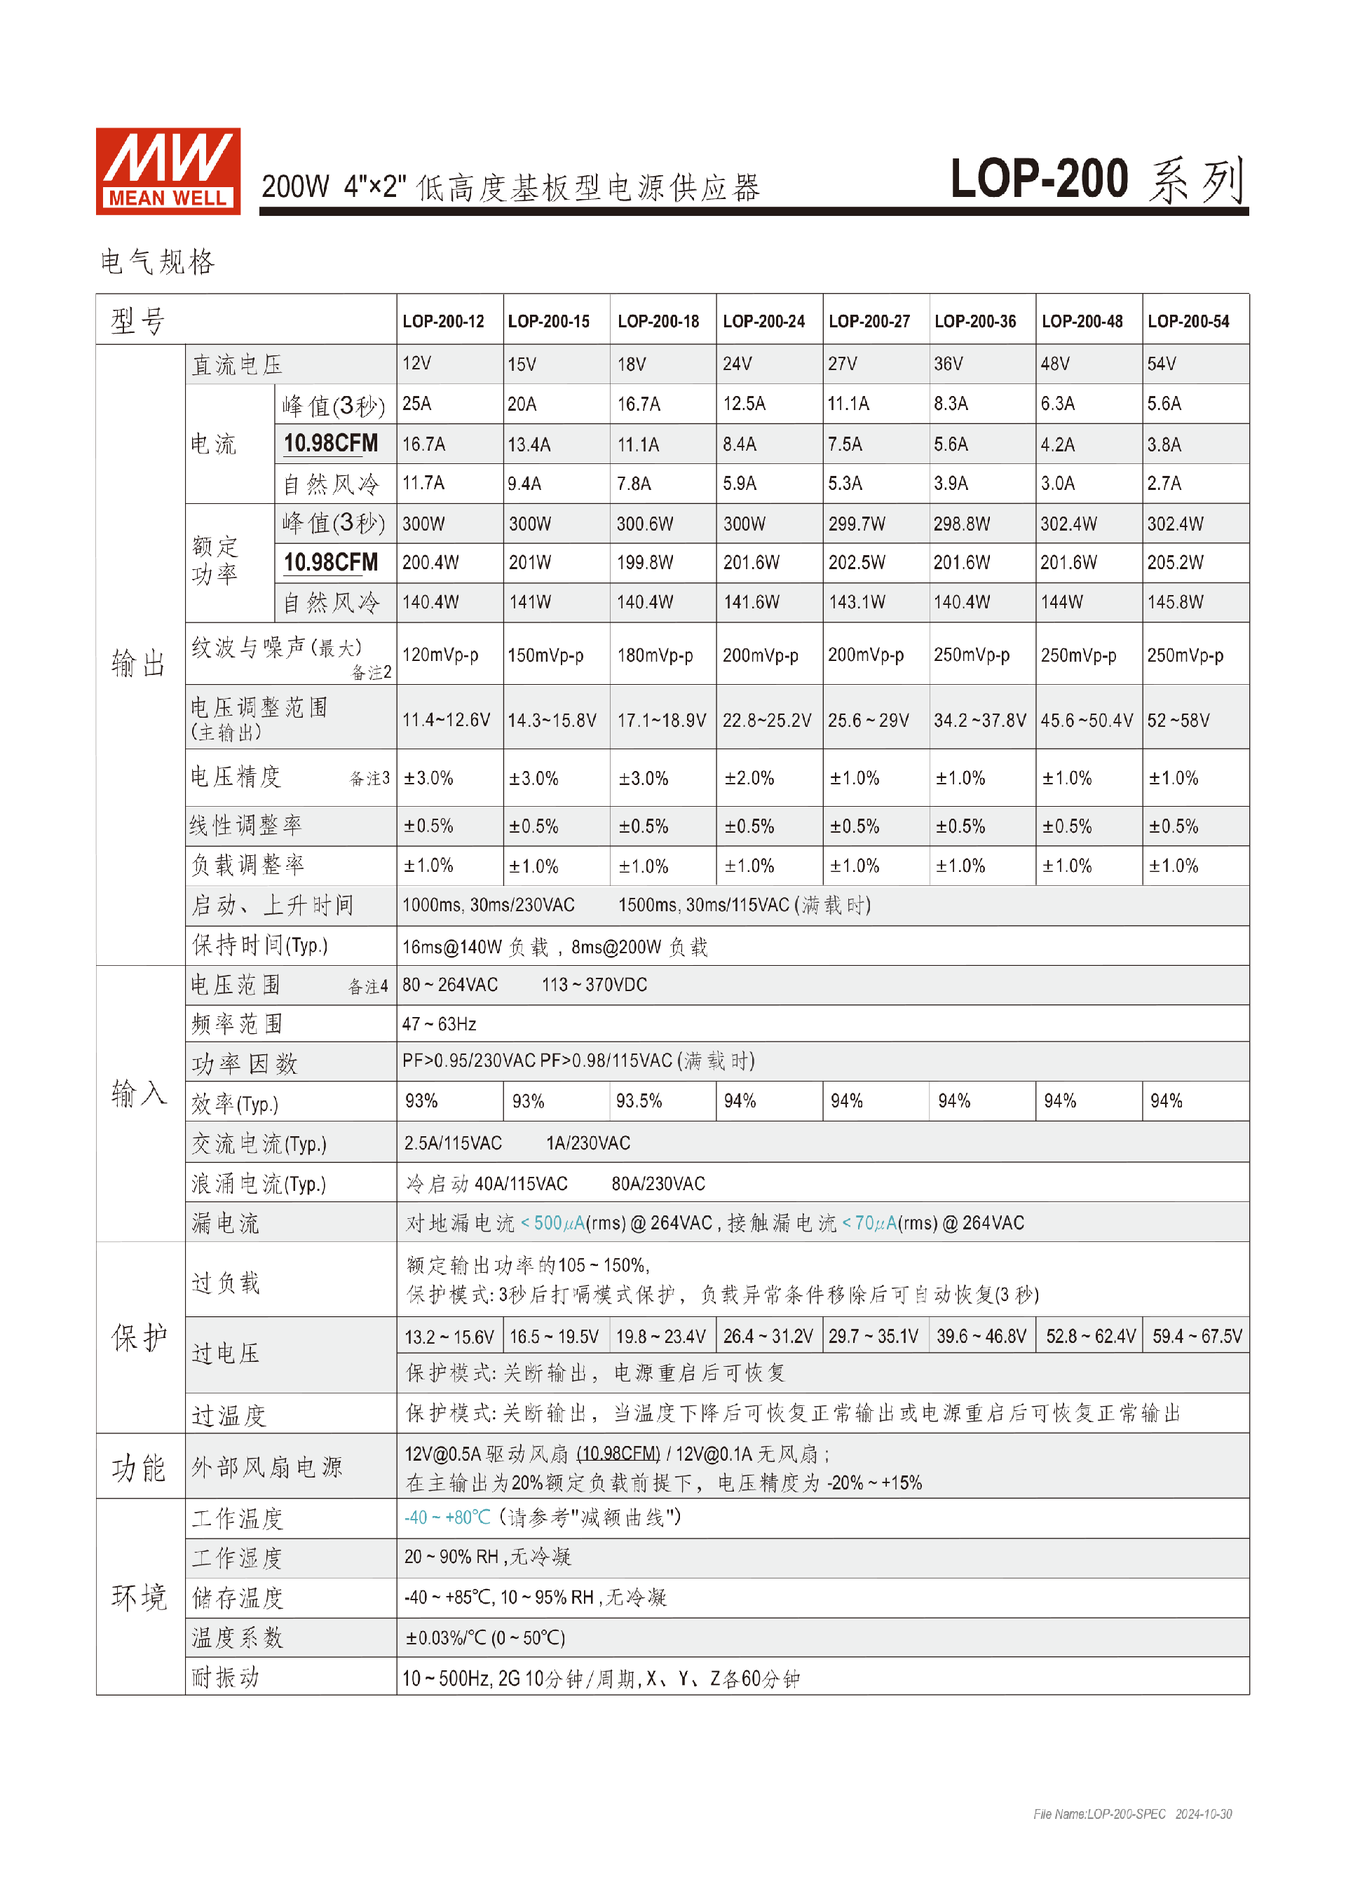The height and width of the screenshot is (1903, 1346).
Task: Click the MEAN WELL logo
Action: point(168,172)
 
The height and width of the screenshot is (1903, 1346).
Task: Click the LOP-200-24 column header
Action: point(763,322)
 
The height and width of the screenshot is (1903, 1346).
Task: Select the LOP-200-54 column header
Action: point(1188,322)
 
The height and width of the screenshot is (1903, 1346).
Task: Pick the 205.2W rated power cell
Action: point(1174,563)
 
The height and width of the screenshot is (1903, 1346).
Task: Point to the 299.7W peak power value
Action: point(856,524)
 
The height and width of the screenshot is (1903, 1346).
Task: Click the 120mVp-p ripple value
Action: point(440,655)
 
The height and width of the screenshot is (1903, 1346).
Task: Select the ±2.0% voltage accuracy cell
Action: point(749,778)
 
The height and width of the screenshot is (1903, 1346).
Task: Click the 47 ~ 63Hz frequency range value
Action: point(440,1025)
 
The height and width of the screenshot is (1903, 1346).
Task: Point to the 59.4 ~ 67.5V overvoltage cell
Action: point(1196,1336)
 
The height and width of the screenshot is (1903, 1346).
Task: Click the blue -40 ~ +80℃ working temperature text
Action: point(447,1517)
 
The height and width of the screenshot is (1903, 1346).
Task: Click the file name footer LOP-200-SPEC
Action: point(1099,1814)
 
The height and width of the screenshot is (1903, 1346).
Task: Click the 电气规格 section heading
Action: point(158,262)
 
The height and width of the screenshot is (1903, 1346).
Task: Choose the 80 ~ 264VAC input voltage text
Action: point(450,985)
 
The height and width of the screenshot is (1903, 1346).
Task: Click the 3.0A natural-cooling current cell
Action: point(1058,483)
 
